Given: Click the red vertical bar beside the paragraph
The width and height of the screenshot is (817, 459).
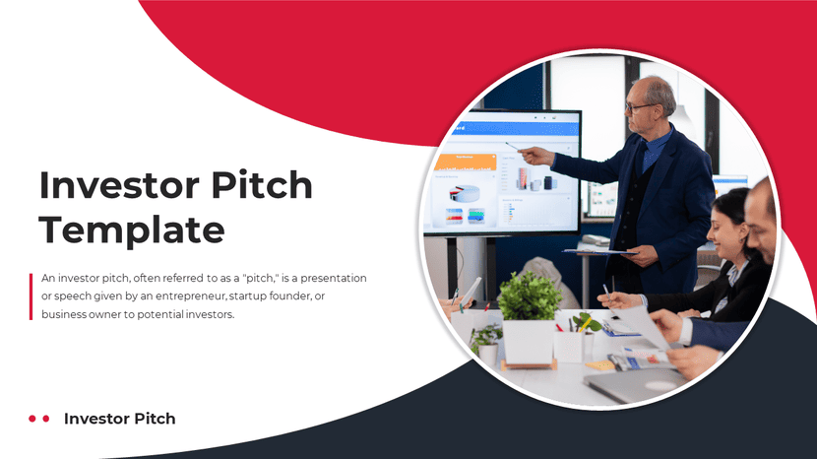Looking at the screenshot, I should click(x=31, y=295).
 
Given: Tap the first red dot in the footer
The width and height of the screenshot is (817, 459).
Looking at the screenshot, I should click(x=32, y=419).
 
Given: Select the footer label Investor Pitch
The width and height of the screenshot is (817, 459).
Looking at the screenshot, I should click(x=119, y=419).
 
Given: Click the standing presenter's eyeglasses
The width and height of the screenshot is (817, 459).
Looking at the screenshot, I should click(x=638, y=105).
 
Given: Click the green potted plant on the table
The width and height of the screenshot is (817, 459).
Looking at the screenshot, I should click(x=530, y=296).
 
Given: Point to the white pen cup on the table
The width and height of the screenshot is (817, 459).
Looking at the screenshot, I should click(x=568, y=345).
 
